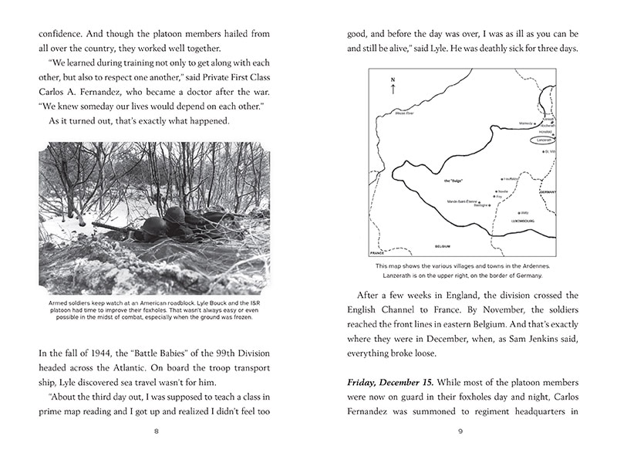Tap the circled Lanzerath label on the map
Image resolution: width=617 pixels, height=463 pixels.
click(x=545, y=140)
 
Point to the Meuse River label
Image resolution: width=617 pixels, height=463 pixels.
click(x=406, y=113)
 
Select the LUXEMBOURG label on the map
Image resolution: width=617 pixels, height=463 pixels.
click(x=523, y=220)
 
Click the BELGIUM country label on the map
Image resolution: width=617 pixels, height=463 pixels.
click(x=442, y=246)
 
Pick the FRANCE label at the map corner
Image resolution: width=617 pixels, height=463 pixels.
click(x=377, y=252)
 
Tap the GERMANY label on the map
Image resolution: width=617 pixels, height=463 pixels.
click(x=547, y=191)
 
